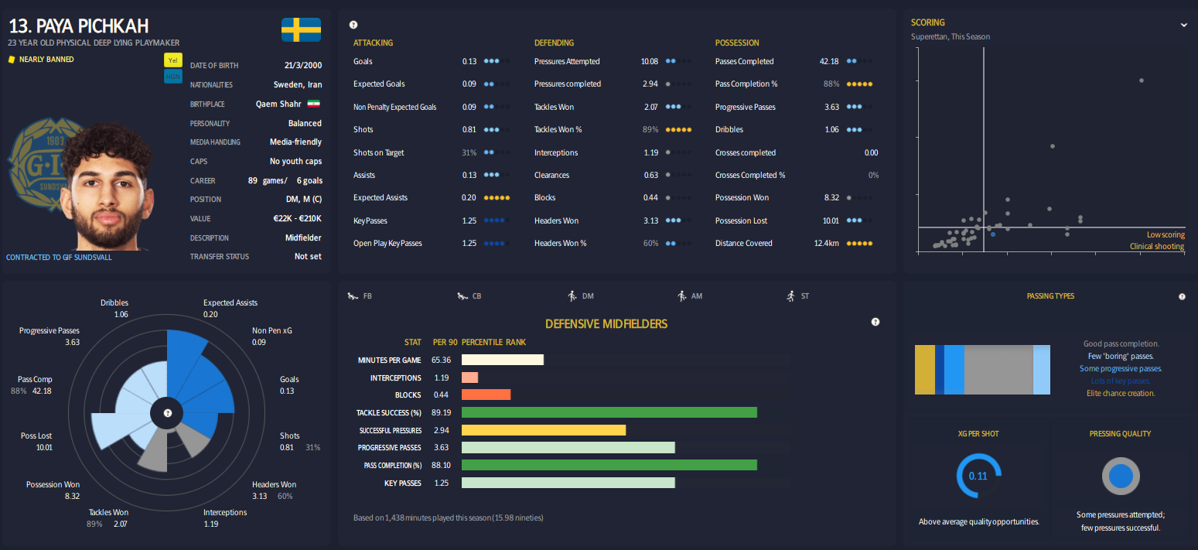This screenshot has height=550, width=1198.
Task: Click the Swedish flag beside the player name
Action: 301,29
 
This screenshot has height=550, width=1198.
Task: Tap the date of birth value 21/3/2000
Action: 303,66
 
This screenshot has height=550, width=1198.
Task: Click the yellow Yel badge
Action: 172,60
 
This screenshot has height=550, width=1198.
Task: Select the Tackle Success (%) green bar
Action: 609,412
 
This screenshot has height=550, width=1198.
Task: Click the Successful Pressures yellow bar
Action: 543,430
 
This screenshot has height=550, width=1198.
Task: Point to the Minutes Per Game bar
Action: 503,360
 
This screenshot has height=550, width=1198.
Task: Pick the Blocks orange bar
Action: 486,395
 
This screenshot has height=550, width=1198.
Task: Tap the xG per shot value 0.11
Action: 978,476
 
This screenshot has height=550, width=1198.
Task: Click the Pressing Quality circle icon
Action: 1121,476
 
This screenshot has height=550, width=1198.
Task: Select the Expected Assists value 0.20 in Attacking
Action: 469,198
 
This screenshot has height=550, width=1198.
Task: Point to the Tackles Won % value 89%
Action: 650,130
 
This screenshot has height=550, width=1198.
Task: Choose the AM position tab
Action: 690,296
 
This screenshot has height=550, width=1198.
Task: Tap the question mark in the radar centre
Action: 167,413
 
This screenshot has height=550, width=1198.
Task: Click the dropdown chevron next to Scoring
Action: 1183,25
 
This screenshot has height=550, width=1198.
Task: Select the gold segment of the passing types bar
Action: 925,370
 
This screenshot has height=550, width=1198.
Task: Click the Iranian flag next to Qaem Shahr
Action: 314,104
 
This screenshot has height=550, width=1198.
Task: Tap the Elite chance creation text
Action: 1121,393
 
